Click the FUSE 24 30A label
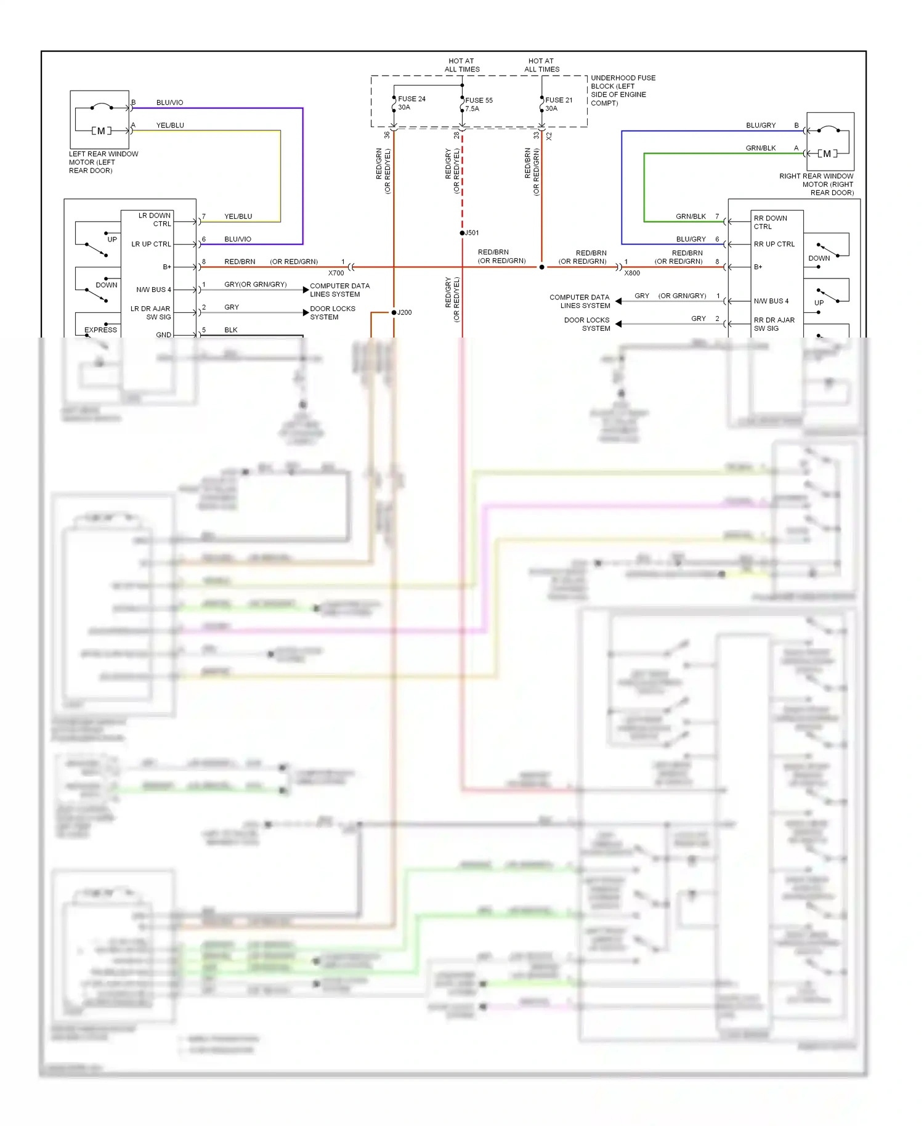pos(411,103)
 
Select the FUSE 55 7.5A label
pos(479,104)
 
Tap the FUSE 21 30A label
pos(558,104)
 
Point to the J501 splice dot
pos(463,233)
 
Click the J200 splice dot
pos(394,312)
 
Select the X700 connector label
pos(336,273)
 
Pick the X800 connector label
pos(632,273)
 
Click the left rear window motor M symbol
pos(102,131)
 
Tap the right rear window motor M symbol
pos(827,153)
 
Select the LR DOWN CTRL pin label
pos(155,220)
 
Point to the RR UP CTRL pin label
pos(774,244)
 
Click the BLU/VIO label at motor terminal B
pos(169,102)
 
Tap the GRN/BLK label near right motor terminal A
pos(760,148)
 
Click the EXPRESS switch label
pos(100,330)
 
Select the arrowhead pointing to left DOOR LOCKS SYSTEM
pos(306,313)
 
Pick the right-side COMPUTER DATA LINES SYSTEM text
pos(579,301)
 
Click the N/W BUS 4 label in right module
pos(771,301)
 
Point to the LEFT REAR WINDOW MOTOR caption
pos(103,162)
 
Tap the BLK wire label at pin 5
pos(231,330)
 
